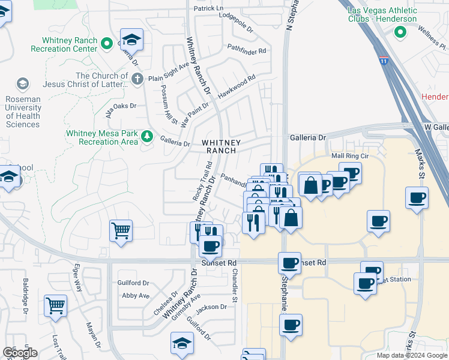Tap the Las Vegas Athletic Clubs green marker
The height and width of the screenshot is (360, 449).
[400, 32]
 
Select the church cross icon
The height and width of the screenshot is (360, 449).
[137, 78]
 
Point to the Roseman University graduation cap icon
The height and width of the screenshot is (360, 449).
[23, 83]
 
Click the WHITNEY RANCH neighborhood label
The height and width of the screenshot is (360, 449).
[221, 146]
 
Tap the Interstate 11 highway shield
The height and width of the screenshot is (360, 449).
[384, 61]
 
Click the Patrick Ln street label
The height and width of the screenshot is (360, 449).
[208, 9]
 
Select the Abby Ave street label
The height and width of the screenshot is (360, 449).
[135, 296]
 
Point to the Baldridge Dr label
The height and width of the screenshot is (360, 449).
[26, 295]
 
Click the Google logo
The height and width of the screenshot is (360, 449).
[20, 353]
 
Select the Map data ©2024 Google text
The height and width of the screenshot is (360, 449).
[411, 355]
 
